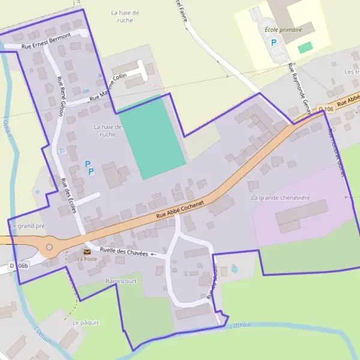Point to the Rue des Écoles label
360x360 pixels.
click(x=68, y=195)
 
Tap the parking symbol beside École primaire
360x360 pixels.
click(x=274, y=43)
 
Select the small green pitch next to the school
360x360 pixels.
click(x=305, y=47)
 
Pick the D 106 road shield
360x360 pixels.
click(x=326, y=109)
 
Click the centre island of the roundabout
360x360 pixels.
click(x=49, y=247)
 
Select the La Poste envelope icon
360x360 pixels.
click(x=87, y=251)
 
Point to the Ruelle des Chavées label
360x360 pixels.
click(x=124, y=253)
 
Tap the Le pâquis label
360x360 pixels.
click(x=85, y=322)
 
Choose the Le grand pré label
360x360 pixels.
click(x=28, y=226)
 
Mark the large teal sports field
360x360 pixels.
click(x=152, y=137)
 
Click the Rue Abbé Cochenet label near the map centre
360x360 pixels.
click(x=180, y=211)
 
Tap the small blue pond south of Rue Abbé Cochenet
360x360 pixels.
click(x=234, y=269)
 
